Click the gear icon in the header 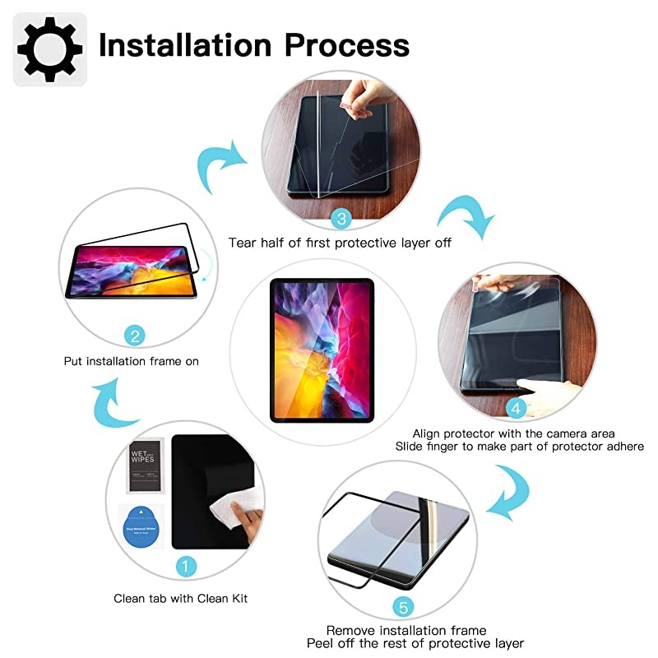49,48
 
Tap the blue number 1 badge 186,566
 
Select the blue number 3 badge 340,218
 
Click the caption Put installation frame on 132,361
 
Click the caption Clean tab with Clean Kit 180,598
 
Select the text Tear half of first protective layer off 339,243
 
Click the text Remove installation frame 406,631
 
